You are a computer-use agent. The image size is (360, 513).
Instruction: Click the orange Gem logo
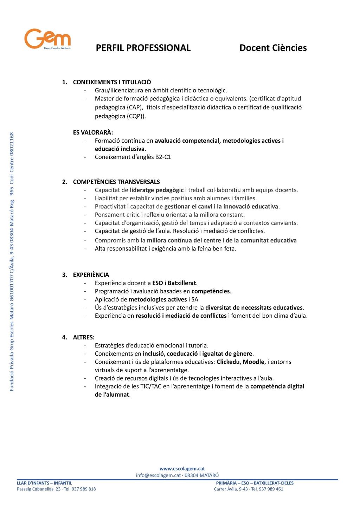(x=47, y=39)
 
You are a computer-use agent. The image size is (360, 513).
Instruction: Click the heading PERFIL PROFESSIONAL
(x=143, y=48)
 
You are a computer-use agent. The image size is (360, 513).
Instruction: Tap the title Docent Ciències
(x=273, y=48)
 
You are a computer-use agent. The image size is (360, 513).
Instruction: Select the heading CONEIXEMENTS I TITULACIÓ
(x=112, y=82)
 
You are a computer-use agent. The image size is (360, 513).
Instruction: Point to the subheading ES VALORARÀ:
(x=93, y=132)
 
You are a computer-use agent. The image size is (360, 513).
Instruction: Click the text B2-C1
(x=163, y=157)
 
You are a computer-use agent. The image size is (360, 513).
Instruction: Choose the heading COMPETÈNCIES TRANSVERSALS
(x=116, y=182)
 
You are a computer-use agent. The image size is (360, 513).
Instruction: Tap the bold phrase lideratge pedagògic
(x=156, y=190)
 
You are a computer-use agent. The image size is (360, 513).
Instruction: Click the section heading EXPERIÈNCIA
(x=91, y=275)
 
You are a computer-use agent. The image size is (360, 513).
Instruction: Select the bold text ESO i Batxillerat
(x=174, y=283)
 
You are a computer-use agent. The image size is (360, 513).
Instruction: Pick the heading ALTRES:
(x=84, y=337)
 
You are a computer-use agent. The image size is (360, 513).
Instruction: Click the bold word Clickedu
(x=228, y=362)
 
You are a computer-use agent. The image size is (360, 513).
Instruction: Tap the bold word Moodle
(x=253, y=362)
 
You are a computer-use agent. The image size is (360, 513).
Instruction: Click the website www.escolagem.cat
(x=182, y=469)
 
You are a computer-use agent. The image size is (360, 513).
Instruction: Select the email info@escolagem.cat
(x=158, y=475)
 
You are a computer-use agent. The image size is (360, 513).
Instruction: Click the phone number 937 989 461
(x=271, y=489)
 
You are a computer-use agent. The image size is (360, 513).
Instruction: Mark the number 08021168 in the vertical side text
(x=12, y=144)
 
